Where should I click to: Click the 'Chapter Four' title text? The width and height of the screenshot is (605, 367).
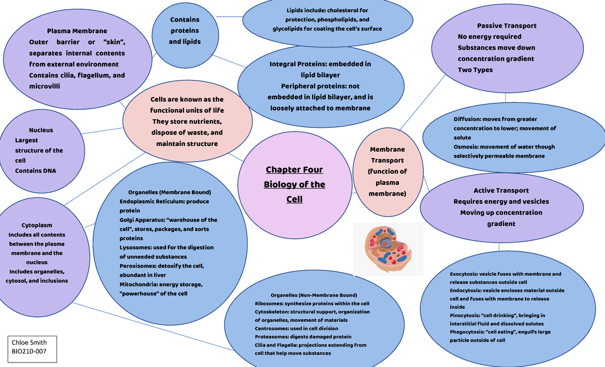(294, 170)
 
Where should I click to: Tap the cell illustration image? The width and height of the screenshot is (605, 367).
(388, 249)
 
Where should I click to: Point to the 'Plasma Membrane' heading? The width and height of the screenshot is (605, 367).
(77, 31)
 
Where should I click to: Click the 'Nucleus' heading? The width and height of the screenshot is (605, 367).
(41, 130)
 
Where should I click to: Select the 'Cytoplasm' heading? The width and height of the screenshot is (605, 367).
(37, 225)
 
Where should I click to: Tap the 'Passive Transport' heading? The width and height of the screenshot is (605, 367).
(507, 26)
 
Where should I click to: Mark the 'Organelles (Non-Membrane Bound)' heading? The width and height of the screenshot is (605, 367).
(306, 295)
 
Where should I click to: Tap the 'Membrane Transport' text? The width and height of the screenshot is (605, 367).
(387, 155)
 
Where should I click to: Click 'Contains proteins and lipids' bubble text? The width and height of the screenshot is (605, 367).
(185, 31)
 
